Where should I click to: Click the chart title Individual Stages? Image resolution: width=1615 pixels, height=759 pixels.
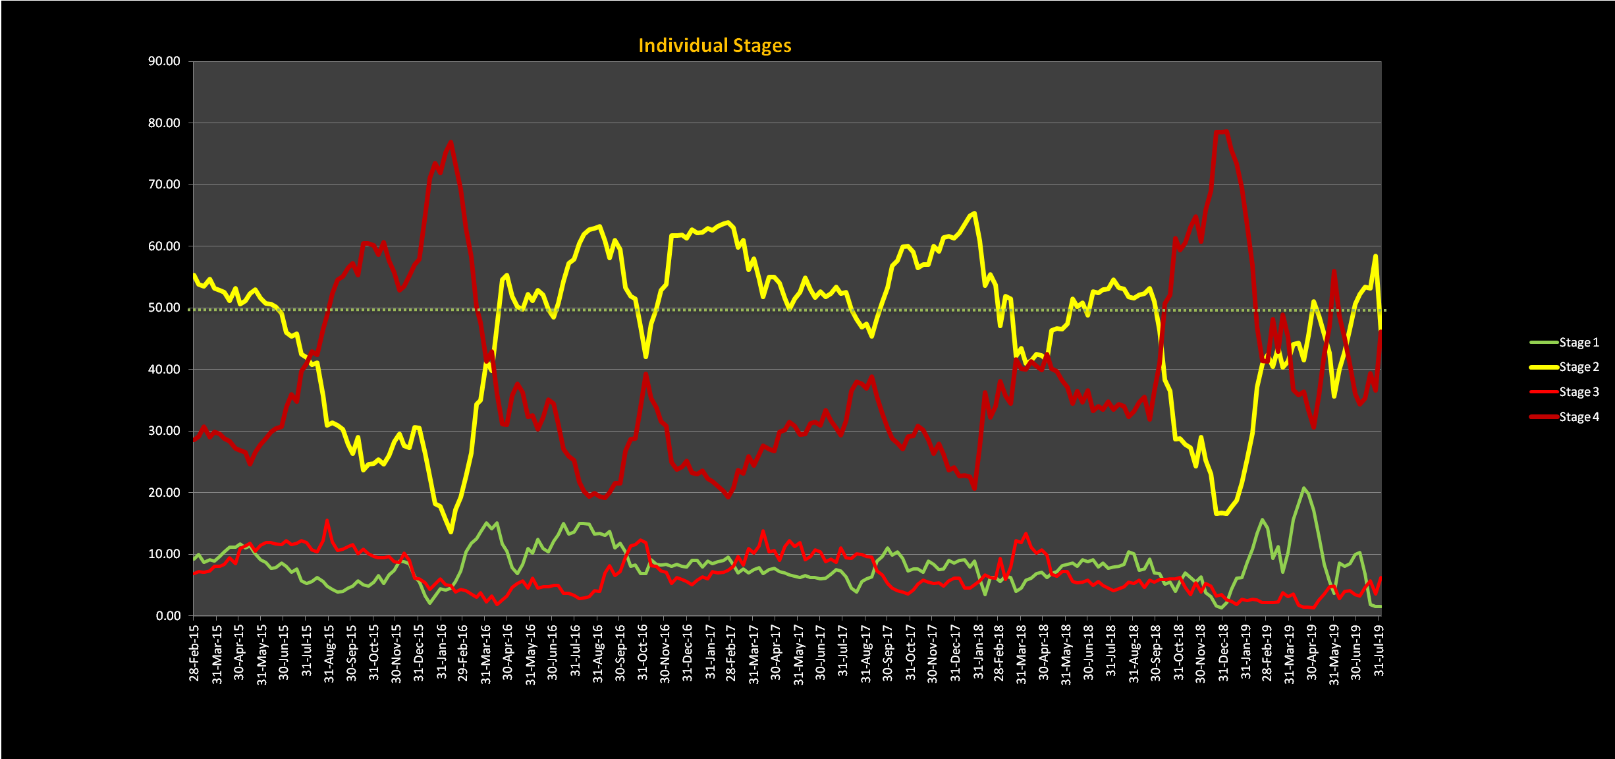coord(715,45)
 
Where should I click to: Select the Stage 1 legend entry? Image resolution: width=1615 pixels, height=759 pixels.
coord(1578,343)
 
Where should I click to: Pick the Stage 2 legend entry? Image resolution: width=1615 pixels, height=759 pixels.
coord(1578,367)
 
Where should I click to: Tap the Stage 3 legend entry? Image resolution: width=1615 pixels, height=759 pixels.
coord(1578,392)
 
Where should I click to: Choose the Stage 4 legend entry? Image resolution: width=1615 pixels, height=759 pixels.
coord(1578,417)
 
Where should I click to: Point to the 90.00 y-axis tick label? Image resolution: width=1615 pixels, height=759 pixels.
coord(164,61)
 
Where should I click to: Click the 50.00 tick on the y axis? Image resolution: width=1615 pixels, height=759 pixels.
coord(164,308)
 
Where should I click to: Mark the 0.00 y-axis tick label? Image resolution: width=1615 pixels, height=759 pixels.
coord(168,616)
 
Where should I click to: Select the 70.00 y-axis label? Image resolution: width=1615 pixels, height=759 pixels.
coord(164,184)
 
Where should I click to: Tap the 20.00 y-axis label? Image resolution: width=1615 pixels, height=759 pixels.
coord(164,493)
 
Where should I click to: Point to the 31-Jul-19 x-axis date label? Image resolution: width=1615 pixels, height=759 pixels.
coord(1379,650)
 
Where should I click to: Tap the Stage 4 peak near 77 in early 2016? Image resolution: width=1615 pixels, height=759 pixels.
coord(451,142)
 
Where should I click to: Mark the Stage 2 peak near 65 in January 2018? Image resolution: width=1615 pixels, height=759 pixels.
coord(974,213)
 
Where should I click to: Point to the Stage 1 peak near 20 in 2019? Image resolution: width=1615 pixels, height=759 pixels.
coord(1303,488)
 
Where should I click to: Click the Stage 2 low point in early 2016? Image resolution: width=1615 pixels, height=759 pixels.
coord(451,532)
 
